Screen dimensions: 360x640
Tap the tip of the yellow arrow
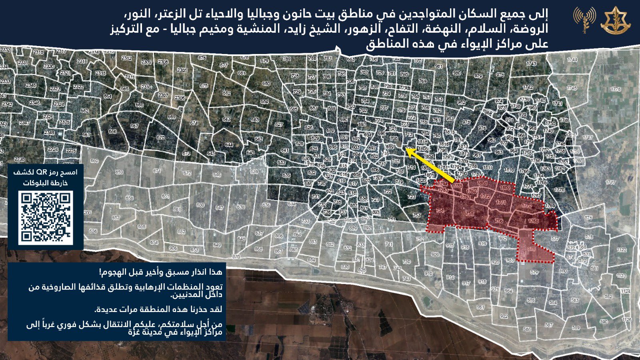pyautogui.click(x=406, y=149)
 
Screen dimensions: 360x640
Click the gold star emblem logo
pyautogui.click(x=615, y=20)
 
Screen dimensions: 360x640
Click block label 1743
pyautogui.click(x=532, y=64)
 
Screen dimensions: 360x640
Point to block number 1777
pyautogui.click(x=610, y=182)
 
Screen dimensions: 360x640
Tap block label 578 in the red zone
pyautogui.click(x=531, y=249)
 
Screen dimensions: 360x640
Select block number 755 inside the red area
pyautogui.click(x=470, y=214)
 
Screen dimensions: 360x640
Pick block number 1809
pyautogui.click(x=505, y=187)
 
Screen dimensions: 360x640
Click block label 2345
pyautogui.click(x=31, y=85)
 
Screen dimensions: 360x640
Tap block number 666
pyautogui.click(x=112, y=131)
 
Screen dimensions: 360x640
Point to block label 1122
pyautogui.click(x=621, y=250)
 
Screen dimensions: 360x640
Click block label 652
pyautogui.click(x=181, y=232)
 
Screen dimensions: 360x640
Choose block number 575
pyautogui.click(x=588, y=218)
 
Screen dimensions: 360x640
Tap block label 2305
pyautogui.click(x=182, y=70)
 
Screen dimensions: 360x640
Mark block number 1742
pyautogui.click(x=528, y=87)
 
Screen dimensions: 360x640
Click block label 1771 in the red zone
pyautogui.click(x=501, y=203)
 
